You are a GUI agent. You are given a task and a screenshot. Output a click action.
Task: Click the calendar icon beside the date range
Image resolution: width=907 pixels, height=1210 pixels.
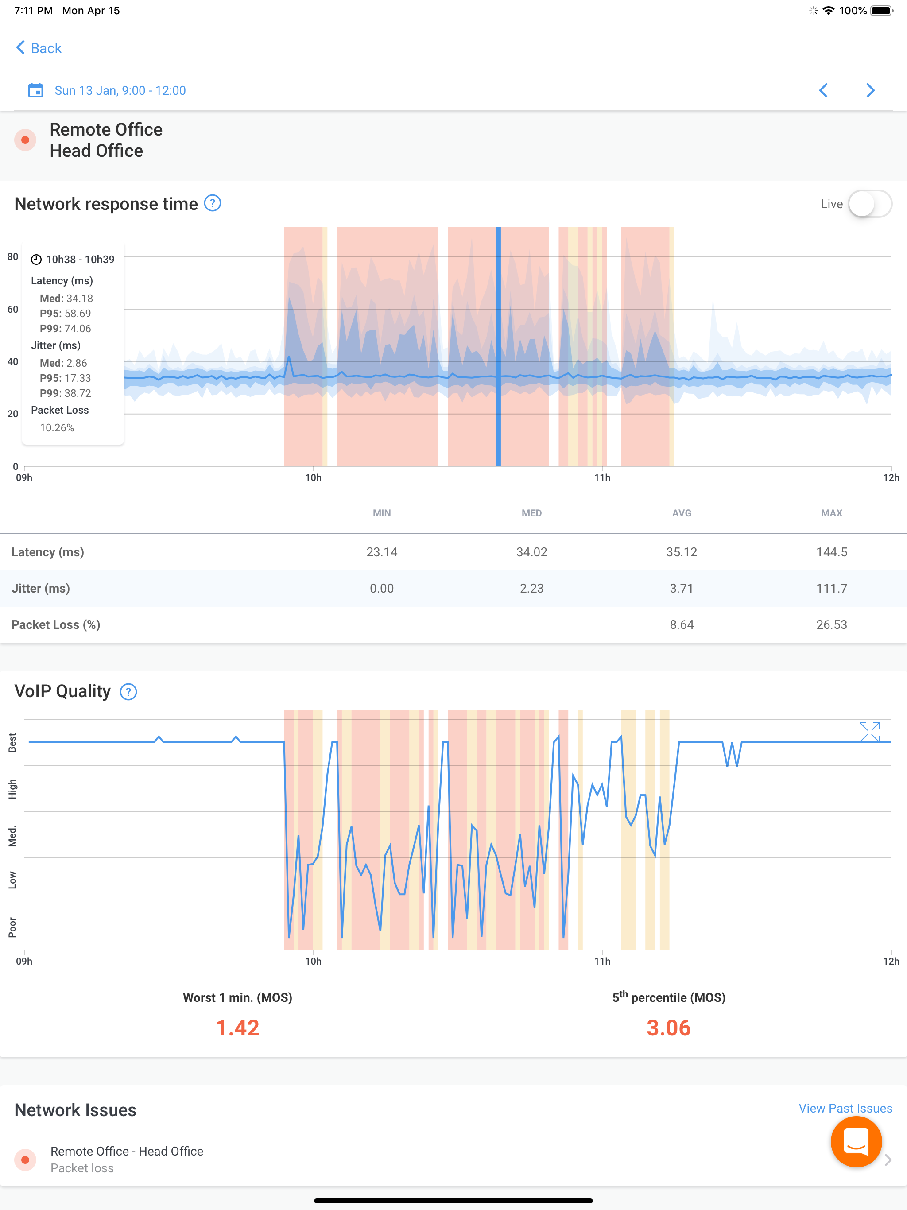[x=35, y=90]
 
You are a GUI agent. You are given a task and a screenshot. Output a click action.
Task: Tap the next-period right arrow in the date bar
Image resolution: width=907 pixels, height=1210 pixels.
[x=870, y=90]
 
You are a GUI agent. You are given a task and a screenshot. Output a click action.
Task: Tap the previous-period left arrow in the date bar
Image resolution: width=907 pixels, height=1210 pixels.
[x=823, y=90]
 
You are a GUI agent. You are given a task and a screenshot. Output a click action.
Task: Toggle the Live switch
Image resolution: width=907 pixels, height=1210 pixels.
[x=870, y=204]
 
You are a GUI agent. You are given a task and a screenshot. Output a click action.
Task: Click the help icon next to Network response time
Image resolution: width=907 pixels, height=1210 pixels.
[x=212, y=203]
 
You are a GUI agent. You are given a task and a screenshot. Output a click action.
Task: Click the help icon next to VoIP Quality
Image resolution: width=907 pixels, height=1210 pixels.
[x=128, y=692]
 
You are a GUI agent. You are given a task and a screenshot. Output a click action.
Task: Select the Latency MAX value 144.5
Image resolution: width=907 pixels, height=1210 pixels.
[x=832, y=552]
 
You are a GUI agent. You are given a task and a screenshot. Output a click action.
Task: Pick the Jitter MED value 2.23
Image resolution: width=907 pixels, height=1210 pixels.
[x=532, y=589]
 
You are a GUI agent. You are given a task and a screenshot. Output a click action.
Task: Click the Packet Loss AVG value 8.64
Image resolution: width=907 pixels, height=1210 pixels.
[x=682, y=624]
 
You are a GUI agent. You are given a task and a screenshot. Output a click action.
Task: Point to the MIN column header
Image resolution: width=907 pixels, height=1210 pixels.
[x=382, y=513]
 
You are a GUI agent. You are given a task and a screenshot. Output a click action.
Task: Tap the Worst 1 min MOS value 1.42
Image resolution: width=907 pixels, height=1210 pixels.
[x=237, y=1028]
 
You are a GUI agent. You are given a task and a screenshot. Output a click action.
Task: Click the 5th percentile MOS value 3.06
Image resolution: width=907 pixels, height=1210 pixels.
[x=668, y=1028]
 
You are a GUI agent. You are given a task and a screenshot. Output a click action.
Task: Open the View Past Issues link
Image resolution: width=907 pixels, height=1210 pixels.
[x=845, y=1108]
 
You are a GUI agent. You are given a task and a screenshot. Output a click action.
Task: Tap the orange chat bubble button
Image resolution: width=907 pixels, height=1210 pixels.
[x=856, y=1142]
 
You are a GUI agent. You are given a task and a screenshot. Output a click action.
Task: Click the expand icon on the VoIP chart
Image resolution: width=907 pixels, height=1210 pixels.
[x=869, y=732]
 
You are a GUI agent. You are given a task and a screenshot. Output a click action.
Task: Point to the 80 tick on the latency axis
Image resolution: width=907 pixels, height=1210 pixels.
[x=12, y=256]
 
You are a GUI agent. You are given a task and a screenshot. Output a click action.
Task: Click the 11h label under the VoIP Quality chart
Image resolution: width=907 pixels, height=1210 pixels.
[x=602, y=961]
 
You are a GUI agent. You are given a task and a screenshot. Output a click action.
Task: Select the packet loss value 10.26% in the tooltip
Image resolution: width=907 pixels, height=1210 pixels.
[x=57, y=428]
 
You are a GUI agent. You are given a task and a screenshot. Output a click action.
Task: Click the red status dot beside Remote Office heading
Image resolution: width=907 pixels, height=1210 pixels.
[x=25, y=140]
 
